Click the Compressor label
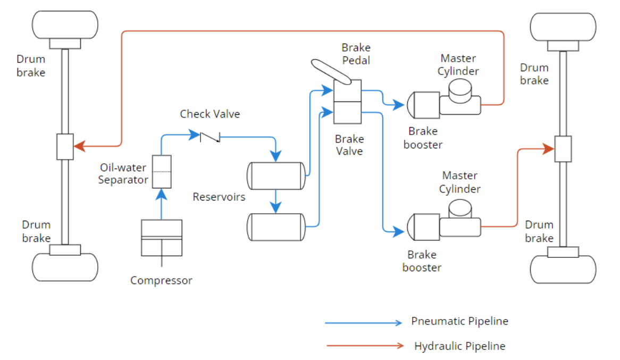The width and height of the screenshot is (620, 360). [x=161, y=280]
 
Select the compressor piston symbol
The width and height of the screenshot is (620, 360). [x=162, y=237]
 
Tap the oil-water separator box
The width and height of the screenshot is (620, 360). [x=162, y=171]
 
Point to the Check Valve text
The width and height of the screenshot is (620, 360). [x=210, y=114]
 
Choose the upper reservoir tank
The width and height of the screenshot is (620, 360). [x=276, y=176]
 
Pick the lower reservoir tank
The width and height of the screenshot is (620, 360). [x=276, y=227]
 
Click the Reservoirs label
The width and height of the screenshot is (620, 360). [x=219, y=197]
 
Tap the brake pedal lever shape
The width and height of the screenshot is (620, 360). [x=331, y=72]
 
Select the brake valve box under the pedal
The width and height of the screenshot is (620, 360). [x=347, y=100]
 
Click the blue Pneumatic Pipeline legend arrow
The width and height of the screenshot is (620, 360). [x=364, y=322]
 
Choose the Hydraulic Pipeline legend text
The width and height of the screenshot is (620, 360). [x=459, y=346]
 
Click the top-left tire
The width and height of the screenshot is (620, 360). [x=65, y=24]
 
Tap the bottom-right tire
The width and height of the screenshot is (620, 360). [x=563, y=269]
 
